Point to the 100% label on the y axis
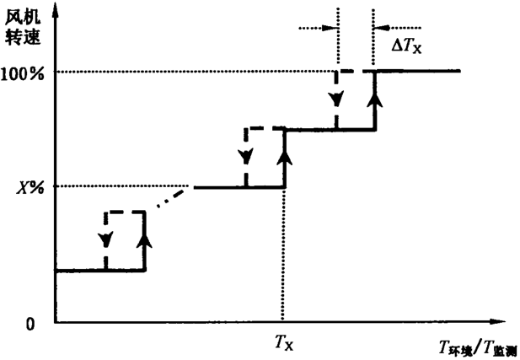pos(30,72)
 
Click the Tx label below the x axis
pos(284,341)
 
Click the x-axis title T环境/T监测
pos(475,347)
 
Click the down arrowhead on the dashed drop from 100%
pos(336,99)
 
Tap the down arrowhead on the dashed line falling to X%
pos(245,157)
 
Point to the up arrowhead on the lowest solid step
pos(145,240)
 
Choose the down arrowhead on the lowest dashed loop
pos(105,240)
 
